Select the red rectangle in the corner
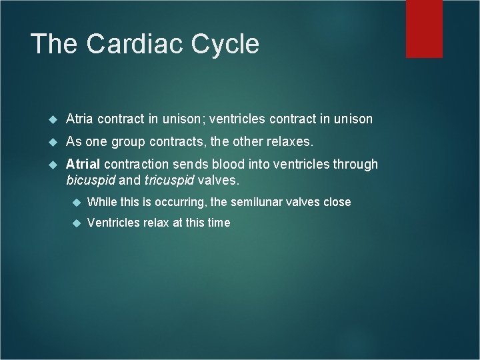(424, 28)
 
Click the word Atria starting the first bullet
(79, 119)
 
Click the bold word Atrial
(83, 164)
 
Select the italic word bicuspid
(91, 179)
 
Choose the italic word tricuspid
(170, 179)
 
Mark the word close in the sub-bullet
(337, 202)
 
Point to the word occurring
(178, 202)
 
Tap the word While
(102, 202)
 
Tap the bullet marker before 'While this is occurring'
(75, 202)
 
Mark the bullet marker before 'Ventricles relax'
(75, 223)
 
